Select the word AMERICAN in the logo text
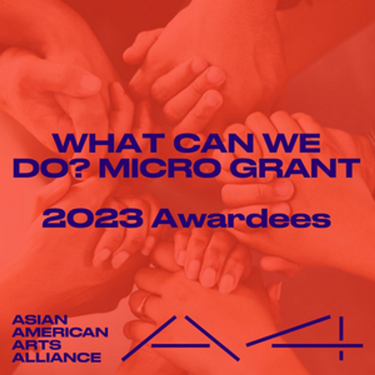[60, 332]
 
